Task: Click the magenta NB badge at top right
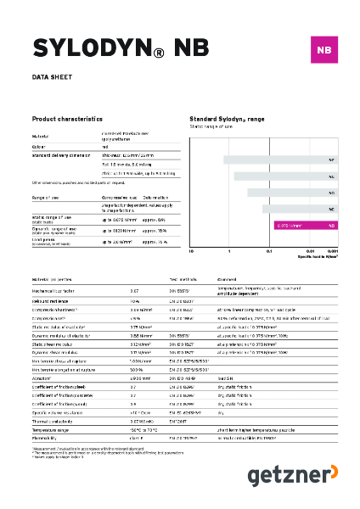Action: click(322, 50)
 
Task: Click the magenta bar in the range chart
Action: click(306, 226)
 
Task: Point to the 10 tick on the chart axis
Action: click(192, 251)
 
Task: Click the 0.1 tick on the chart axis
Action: click(269, 251)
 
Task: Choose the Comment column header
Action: click(228, 278)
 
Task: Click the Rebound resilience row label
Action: click(51, 301)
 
